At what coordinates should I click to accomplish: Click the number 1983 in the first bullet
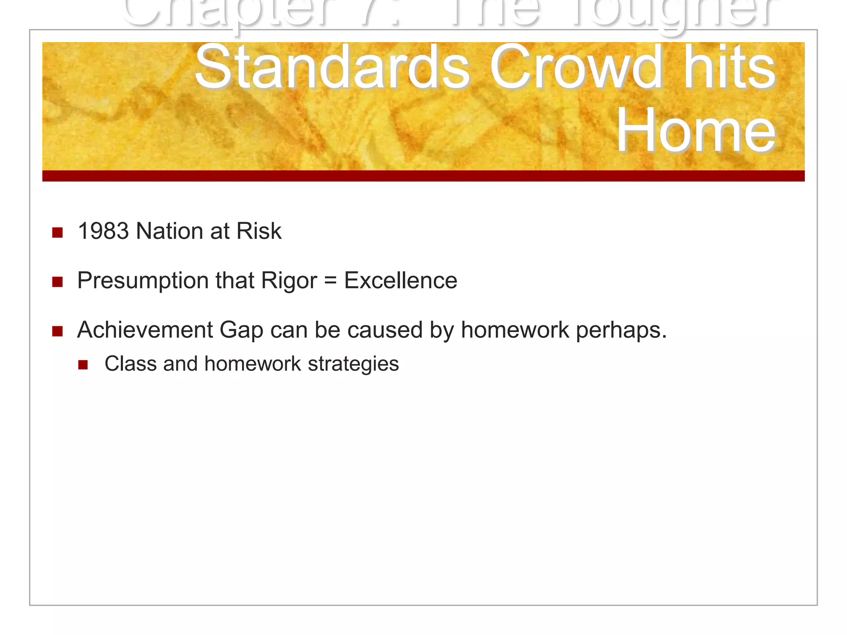click(x=103, y=231)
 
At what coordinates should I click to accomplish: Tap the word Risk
click(x=258, y=231)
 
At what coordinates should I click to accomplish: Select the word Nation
click(x=169, y=231)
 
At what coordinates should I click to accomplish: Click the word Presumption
click(x=143, y=281)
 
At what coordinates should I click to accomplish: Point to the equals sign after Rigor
click(x=330, y=281)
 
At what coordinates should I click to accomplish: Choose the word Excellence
click(x=400, y=281)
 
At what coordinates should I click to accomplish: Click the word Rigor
click(x=289, y=281)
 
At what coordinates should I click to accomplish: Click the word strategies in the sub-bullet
click(x=353, y=364)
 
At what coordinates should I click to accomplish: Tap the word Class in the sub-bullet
click(x=131, y=364)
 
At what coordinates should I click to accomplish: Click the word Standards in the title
click(x=332, y=68)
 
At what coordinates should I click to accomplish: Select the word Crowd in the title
click(x=576, y=68)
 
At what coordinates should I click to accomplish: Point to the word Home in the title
click(x=696, y=130)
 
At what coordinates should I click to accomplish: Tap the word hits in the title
click(x=730, y=68)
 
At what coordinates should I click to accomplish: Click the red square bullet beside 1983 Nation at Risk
click(x=57, y=233)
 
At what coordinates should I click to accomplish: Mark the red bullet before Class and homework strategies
click(x=83, y=365)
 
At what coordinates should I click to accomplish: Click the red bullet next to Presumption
click(x=57, y=282)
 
